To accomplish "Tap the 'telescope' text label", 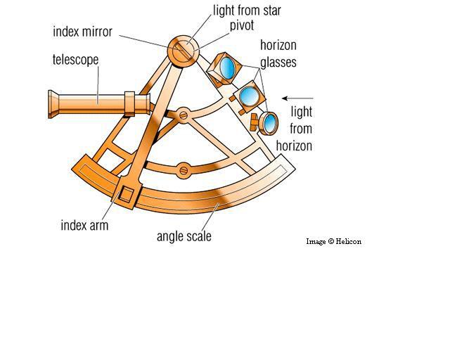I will click(75, 60).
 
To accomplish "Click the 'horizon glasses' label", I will click(278, 53).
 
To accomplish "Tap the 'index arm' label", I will click(84, 225).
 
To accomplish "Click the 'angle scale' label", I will click(184, 236).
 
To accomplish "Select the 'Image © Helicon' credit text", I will click(333, 242).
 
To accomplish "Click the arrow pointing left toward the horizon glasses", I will click(296, 99).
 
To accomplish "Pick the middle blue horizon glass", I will click(248, 95).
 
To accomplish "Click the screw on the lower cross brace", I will click(184, 169).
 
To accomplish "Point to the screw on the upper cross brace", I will click(182, 114).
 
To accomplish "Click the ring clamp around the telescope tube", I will click(129, 103).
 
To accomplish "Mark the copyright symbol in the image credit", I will click(330, 242).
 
